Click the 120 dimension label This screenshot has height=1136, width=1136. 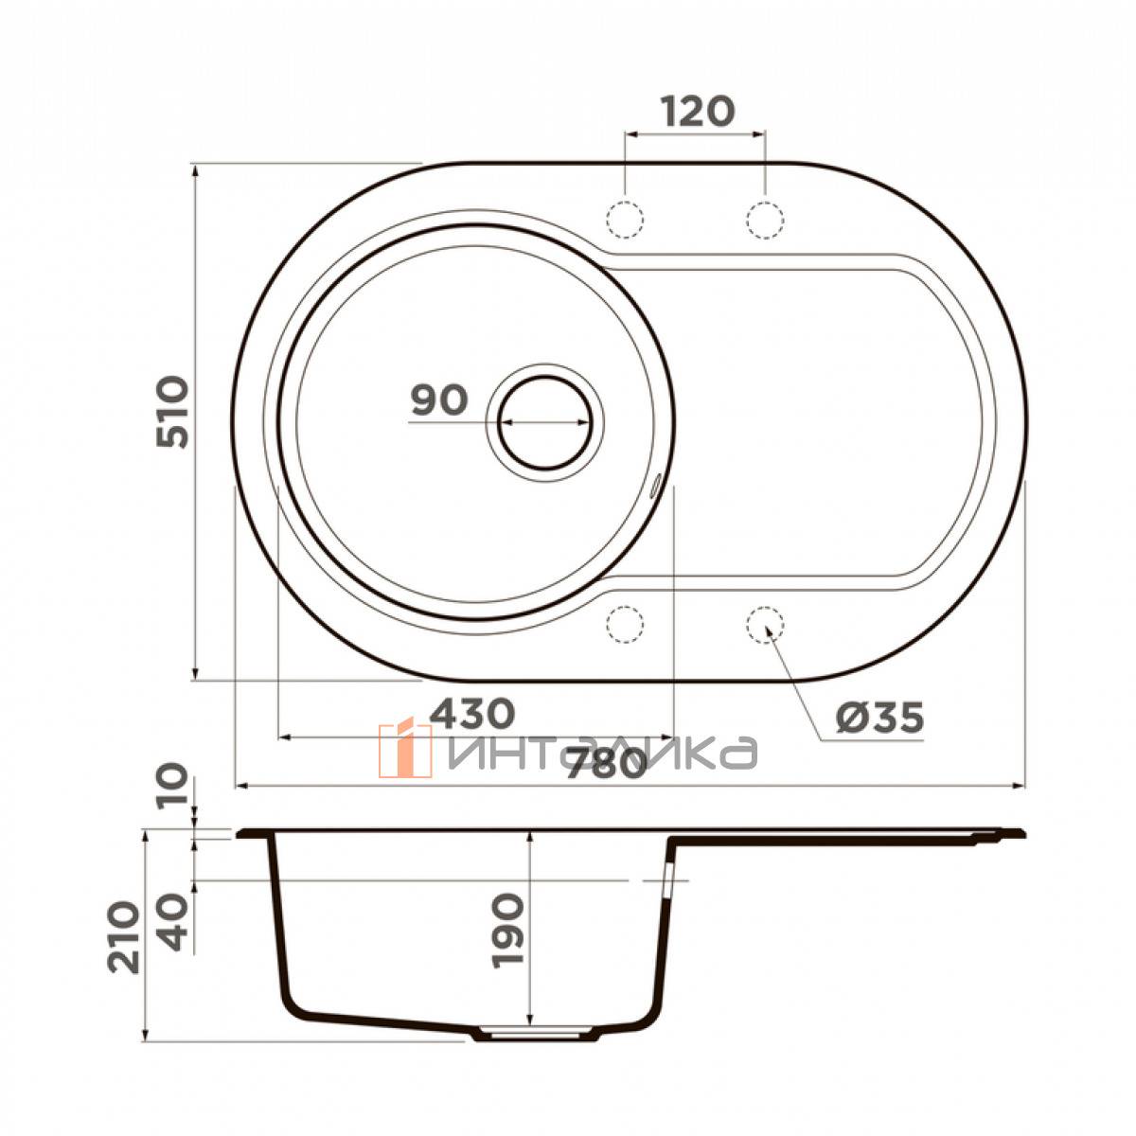(x=698, y=112)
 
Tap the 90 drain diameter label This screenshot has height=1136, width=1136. (x=439, y=400)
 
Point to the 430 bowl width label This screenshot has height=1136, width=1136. (x=471, y=713)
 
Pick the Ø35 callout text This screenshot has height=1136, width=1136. (x=879, y=718)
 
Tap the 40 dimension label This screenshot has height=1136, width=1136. (x=174, y=921)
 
